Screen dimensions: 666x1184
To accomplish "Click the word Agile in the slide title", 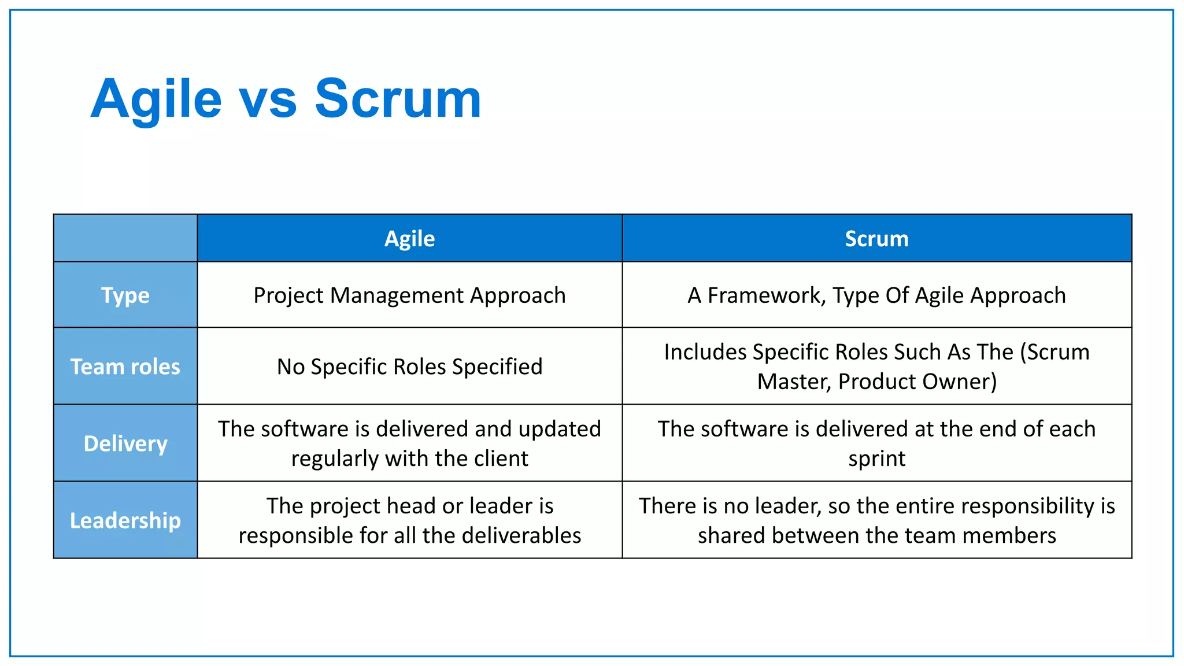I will click(156, 99).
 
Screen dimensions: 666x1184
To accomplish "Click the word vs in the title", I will click(268, 101).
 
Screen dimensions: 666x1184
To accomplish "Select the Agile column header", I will click(409, 239).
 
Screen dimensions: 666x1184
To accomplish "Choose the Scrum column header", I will click(876, 239).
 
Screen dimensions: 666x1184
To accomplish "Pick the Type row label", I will click(125, 295).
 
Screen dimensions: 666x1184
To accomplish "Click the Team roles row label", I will click(125, 367).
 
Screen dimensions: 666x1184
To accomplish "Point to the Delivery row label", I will click(125, 443).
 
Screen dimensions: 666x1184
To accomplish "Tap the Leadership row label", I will click(125, 520).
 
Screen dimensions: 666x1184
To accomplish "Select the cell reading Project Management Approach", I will click(409, 295).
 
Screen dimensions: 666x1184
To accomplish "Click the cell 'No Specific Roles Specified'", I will click(409, 367).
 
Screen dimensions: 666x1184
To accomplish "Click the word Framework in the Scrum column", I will click(767, 295).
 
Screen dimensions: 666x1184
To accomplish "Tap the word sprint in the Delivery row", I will click(876, 459).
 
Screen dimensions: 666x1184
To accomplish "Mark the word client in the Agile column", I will click(501, 458).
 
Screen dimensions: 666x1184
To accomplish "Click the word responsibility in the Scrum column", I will click(1011, 506).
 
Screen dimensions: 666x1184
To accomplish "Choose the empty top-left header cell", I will click(125, 238).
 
